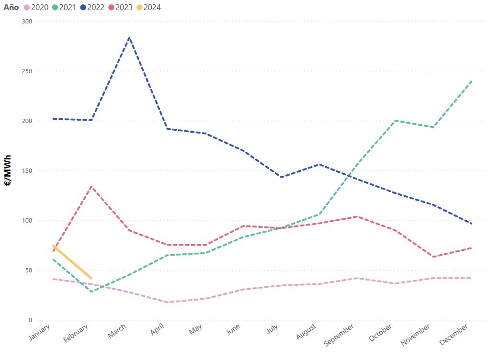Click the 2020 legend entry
coord(36,7)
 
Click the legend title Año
coord(11,7)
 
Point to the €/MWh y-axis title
coord(8,170)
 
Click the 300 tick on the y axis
coord(27,22)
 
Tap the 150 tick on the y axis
coord(27,171)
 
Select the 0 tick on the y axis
coord(30,320)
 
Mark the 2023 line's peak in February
coord(91,186)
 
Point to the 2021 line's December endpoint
coord(472,81)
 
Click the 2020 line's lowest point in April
coord(168,302)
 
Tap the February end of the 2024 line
coord(91,278)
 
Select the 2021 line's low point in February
coord(91,292)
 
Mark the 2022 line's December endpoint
coord(472,224)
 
